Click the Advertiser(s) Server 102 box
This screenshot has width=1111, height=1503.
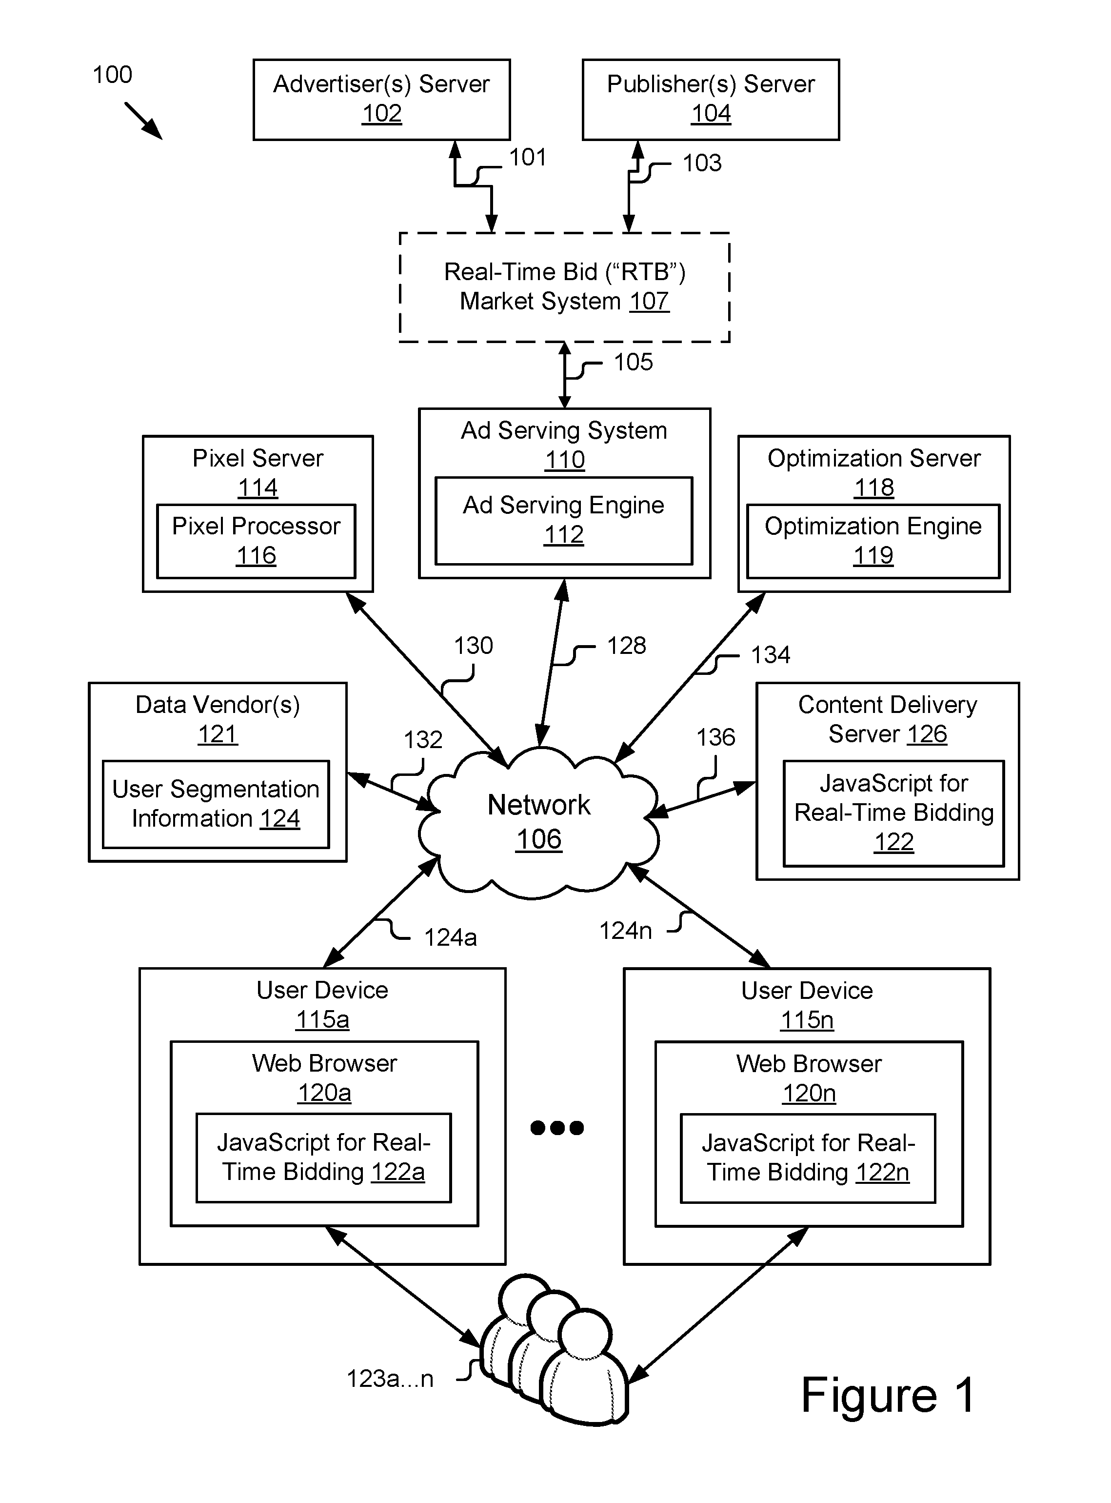381,100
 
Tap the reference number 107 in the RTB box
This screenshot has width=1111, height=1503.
649,302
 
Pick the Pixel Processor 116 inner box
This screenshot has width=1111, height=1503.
256,541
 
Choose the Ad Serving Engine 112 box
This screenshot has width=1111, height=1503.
564,520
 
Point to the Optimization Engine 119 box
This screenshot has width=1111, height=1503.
873,541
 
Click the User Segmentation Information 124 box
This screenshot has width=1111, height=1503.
216,804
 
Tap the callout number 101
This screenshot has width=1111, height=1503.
527,158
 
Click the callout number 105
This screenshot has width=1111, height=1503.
633,362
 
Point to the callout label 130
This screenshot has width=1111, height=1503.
474,646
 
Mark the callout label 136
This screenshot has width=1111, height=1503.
715,737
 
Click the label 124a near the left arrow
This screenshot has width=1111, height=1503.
450,937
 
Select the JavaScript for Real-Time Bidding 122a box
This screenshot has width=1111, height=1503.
323,1157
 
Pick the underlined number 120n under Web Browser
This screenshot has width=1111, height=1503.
808,1093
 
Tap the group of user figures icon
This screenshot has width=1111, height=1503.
555,1348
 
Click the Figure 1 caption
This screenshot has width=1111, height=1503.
888,1395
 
